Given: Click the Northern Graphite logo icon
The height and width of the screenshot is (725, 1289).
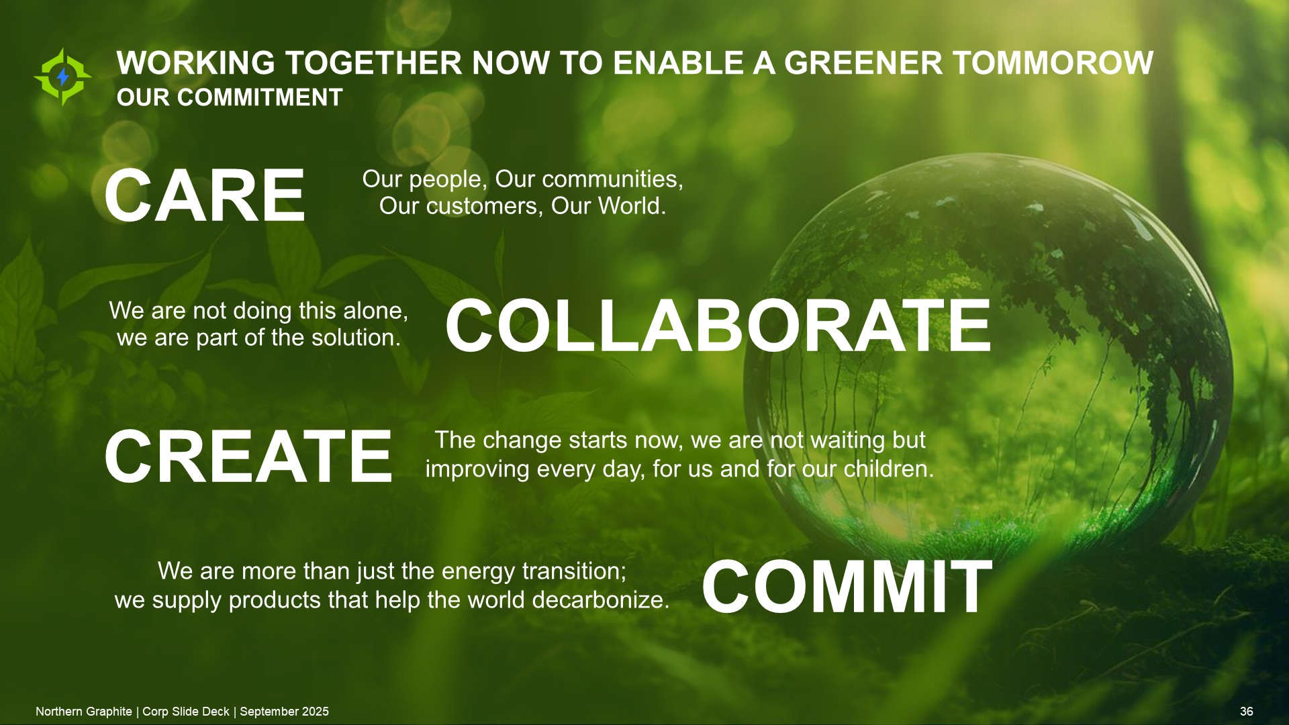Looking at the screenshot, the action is coord(62,77).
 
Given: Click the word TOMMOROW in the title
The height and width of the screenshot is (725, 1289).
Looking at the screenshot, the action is coord(1053,63).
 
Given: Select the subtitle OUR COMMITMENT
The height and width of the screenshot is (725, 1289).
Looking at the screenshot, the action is coord(230,98).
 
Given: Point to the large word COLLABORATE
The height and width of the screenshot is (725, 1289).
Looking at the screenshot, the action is coord(718,326).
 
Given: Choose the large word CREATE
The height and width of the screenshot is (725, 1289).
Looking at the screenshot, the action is coord(248,456).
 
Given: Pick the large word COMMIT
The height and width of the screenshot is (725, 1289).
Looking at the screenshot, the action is coord(847,587).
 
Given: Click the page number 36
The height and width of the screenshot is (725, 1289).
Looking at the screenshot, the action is coord(1247,712).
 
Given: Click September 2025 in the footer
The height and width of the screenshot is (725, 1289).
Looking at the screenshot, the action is coord(285,712).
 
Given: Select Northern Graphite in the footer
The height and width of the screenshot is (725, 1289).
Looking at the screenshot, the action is coord(84,712).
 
